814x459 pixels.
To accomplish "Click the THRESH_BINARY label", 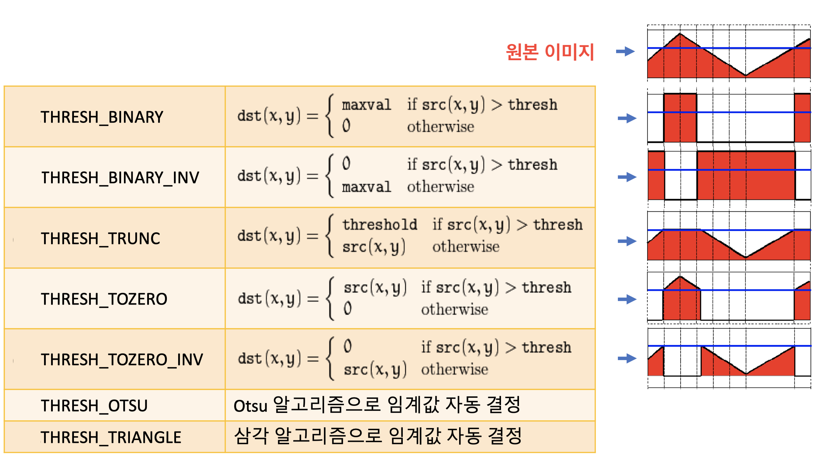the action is pos(102,117).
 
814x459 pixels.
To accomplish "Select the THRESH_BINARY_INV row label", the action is pos(120,178).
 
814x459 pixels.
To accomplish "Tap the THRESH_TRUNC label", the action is pos(100,239).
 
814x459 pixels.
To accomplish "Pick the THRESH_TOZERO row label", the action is pos(104,299).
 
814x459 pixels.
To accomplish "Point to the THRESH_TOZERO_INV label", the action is pos(122,360).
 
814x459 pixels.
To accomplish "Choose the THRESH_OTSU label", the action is pos(94,406).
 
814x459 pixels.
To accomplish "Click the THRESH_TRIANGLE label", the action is pos(111,438).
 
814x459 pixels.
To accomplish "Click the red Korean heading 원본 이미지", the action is pos(550,52).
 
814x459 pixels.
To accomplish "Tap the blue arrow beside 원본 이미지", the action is pos(625,51).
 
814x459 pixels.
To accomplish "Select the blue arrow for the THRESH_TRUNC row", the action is pos(627,241).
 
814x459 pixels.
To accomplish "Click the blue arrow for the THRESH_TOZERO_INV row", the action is pos(627,358).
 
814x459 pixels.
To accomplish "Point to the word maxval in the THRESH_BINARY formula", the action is pos(366,105).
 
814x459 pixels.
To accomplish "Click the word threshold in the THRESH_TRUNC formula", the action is pos(380,225).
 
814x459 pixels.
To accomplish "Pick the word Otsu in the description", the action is pos(250,406).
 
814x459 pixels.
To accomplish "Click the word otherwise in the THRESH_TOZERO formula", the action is pos(455,309).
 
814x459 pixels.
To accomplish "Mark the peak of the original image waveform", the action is pos(680,33).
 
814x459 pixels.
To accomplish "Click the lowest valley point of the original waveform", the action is pos(745,75).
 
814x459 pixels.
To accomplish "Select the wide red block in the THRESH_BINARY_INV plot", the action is pos(746,175).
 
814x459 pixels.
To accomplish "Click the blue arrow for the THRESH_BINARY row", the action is pos(627,118).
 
